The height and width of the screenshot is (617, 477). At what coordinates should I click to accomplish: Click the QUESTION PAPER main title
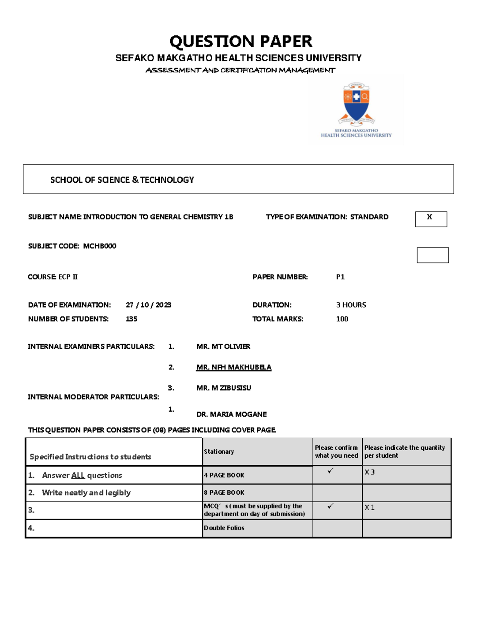[x=240, y=41]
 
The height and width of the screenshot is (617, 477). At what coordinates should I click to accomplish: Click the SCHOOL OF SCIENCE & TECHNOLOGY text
[x=122, y=180]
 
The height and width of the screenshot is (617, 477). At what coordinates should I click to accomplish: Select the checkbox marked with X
[x=431, y=219]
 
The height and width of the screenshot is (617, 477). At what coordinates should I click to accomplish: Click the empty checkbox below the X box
[x=432, y=255]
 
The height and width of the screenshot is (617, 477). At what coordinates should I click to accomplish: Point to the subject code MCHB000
[x=99, y=246]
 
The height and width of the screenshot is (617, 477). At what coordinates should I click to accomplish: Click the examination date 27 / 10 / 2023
[x=148, y=305]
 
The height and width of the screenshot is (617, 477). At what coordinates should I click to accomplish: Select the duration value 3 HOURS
[x=351, y=305]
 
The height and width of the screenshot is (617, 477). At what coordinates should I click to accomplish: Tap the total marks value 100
[x=342, y=319]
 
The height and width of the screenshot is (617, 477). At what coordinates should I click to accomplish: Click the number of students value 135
[x=131, y=319]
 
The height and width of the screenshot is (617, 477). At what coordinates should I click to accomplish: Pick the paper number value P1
[x=340, y=277]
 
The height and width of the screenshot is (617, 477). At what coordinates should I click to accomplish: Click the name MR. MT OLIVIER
[x=223, y=346]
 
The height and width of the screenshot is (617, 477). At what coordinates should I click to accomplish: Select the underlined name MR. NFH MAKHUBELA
[x=234, y=367]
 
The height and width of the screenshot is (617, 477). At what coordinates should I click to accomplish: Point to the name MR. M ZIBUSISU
[x=223, y=388]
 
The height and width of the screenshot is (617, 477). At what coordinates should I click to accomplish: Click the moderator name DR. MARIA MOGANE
[x=231, y=414]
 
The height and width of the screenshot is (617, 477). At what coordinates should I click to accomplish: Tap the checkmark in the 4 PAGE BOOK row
[x=330, y=471]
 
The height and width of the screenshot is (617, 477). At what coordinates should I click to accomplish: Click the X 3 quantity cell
[x=370, y=472]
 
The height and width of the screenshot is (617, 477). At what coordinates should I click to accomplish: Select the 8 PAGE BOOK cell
[x=224, y=493]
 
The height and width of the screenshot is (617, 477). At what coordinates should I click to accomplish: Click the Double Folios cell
[x=224, y=528]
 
